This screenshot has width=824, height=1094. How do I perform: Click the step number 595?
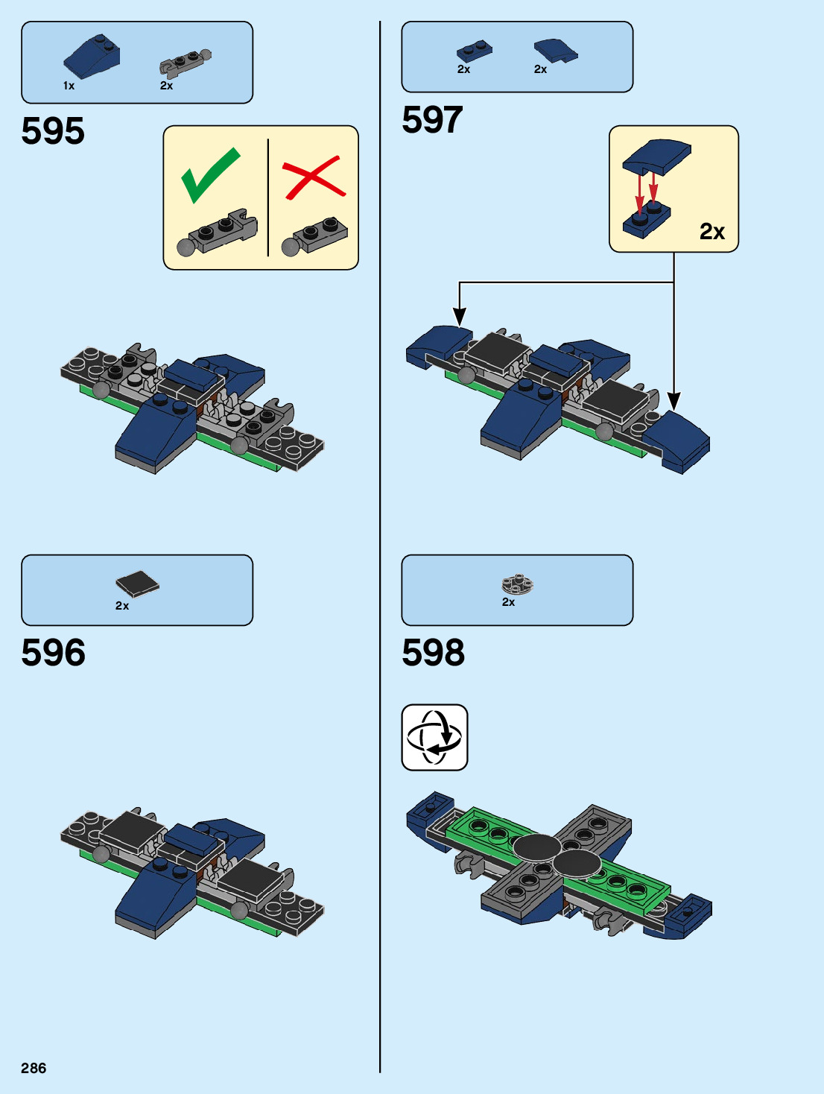tap(53, 131)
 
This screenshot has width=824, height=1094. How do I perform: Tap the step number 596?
tap(53, 653)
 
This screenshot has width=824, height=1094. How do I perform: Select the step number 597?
tap(432, 120)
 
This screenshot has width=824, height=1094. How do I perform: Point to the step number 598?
tap(433, 653)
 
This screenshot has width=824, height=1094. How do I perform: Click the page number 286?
tap(34, 1068)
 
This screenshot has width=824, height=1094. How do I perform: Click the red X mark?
tap(314, 177)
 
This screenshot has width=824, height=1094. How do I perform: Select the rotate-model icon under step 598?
tap(434, 737)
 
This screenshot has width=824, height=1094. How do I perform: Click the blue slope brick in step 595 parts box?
tap(92, 56)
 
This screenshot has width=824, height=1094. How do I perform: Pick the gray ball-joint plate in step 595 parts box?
tap(185, 63)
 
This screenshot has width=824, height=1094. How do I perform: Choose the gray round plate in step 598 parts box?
tap(517, 584)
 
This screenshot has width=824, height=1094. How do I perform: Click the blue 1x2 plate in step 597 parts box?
tap(474, 51)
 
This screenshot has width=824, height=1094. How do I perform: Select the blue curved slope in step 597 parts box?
tap(555, 50)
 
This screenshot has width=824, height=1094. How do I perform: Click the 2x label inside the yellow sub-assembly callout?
tap(712, 232)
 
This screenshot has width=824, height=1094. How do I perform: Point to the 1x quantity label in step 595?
tap(69, 86)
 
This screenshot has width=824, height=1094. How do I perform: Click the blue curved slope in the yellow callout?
tap(656, 156)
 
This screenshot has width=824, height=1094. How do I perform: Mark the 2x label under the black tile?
tap(122, 606)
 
